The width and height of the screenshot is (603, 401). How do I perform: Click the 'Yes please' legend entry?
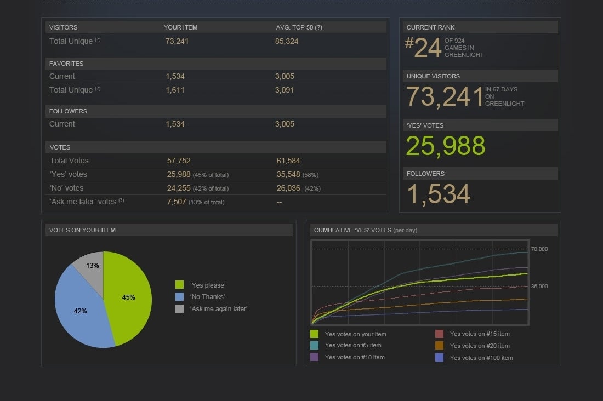207,285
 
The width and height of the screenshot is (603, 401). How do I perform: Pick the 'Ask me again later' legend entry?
218,308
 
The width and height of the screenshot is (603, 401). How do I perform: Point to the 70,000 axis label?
539,249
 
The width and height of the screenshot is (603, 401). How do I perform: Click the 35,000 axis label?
539,287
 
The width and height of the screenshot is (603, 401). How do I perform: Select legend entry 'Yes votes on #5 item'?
352,346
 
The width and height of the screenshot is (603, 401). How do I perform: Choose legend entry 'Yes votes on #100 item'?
481,358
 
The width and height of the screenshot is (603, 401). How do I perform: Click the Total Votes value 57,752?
179,161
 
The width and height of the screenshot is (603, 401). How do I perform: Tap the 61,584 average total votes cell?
288,161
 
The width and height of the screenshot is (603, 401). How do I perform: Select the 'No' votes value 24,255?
179,188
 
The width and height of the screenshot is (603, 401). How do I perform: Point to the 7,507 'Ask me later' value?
177,202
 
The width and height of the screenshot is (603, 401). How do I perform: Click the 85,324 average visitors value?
287,41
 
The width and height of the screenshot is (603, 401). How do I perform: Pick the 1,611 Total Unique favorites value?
175,90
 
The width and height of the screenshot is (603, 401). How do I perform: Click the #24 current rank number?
423,48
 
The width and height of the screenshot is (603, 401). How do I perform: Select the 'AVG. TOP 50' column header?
299,27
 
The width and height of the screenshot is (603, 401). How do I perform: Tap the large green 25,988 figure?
446,146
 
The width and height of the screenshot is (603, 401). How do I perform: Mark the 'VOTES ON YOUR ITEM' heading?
82,230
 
